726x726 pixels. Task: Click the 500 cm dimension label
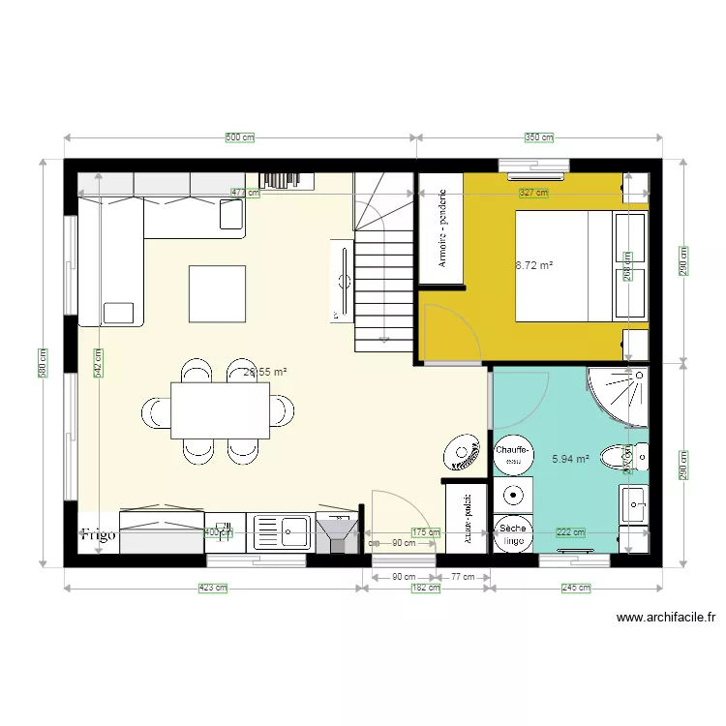point(239,137)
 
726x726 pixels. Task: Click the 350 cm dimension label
point(539,137)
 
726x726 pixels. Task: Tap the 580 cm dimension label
point(44,363)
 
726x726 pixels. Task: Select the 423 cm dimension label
point(213,588)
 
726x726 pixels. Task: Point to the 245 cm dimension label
point(577,588)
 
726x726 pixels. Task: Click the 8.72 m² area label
point(534,263)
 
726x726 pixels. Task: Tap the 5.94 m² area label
point(570,460)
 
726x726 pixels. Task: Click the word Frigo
point(98,534)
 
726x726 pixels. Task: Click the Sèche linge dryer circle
point(512,534)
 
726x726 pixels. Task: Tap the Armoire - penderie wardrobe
point(441,229)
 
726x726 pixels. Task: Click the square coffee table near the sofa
point(217,293)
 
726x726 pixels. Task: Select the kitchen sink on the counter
point(282,531)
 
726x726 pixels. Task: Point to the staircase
point(384,281)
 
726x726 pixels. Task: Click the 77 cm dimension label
point(464,577)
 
